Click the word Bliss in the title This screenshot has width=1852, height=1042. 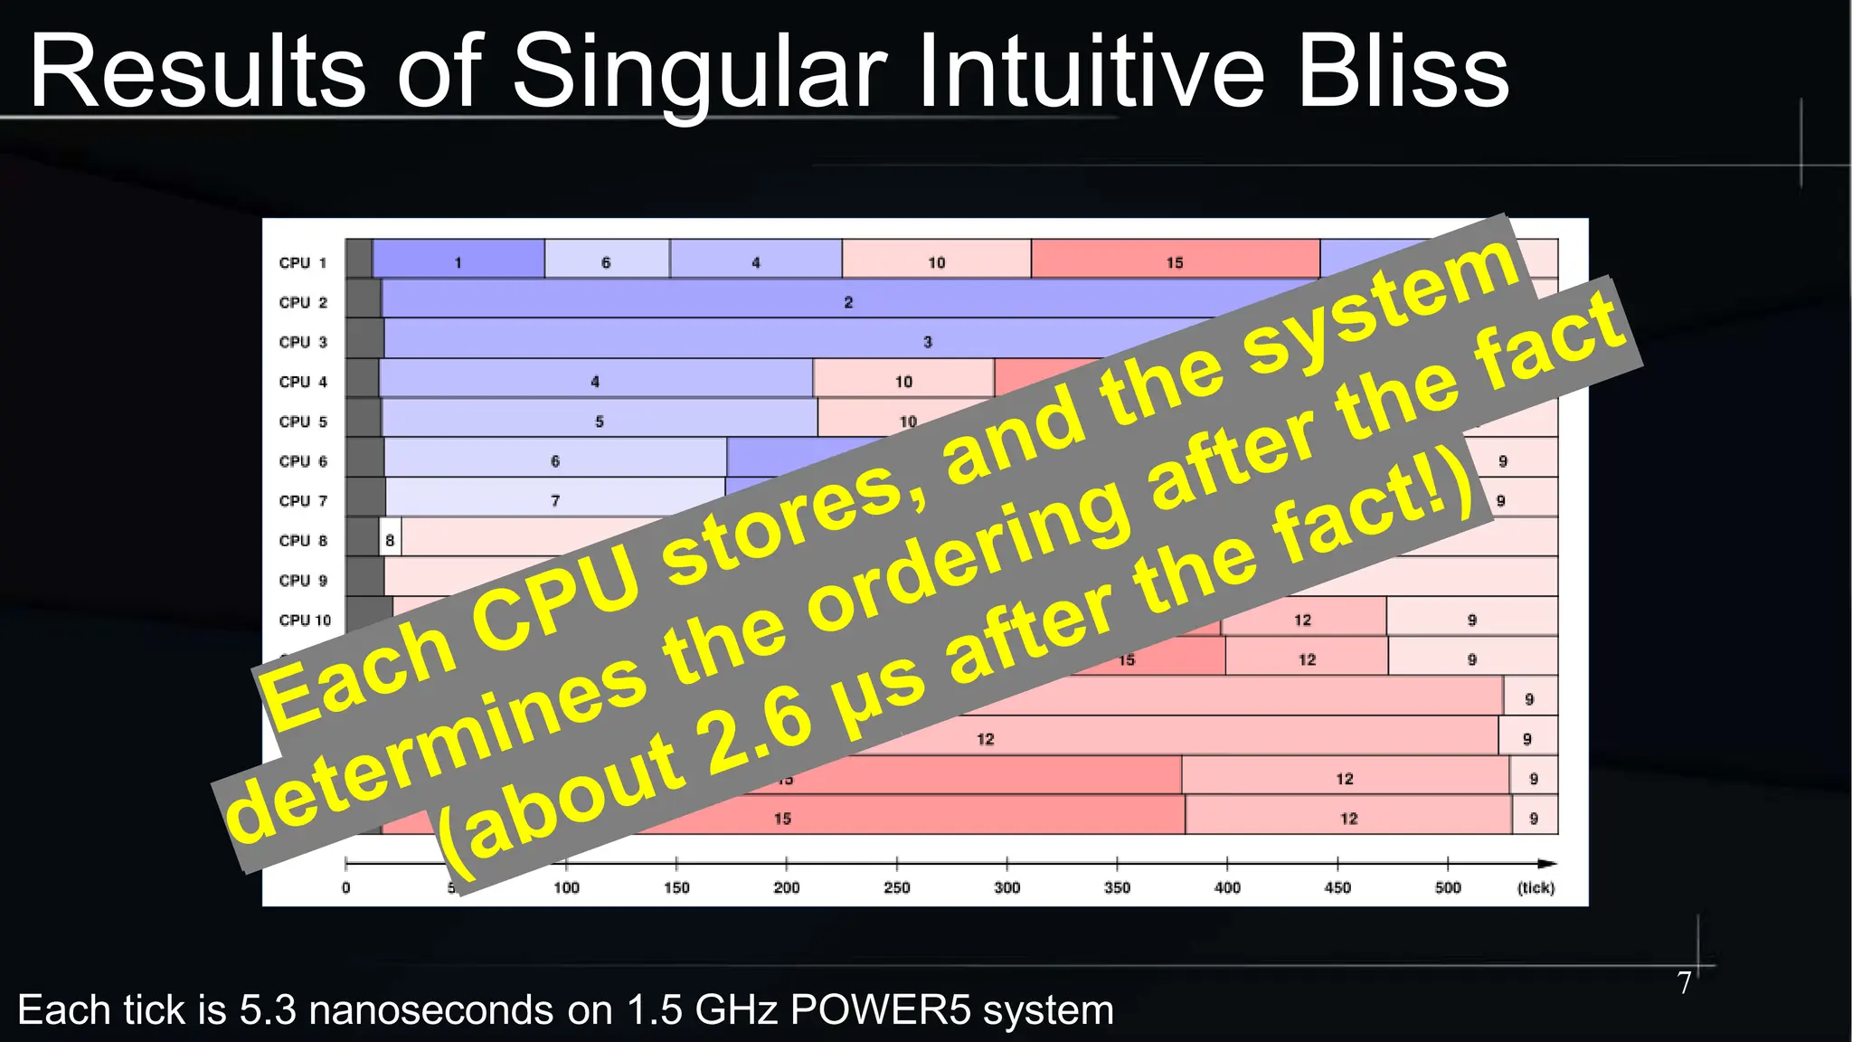pos(1403,72)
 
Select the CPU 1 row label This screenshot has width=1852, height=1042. pos(302,262)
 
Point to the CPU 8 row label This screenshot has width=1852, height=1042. pos(302,540)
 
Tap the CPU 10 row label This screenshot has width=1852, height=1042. pos(305,620)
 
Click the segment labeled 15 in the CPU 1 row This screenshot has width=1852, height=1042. pos(1174,261)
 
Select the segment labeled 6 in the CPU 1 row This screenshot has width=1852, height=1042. pos(606,261)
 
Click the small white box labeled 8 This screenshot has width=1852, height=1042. pos(390,540)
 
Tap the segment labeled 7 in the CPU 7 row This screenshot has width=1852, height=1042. pos(554,500)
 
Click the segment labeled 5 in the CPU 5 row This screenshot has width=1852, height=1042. pos(599,421)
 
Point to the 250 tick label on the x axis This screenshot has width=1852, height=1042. pos(896,887)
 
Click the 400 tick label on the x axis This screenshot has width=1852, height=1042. pos(1227,887)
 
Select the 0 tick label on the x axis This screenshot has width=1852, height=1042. pos(345,887)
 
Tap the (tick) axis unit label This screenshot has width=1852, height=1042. pos(1535,887)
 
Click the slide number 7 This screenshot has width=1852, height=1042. pos(1684,982)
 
